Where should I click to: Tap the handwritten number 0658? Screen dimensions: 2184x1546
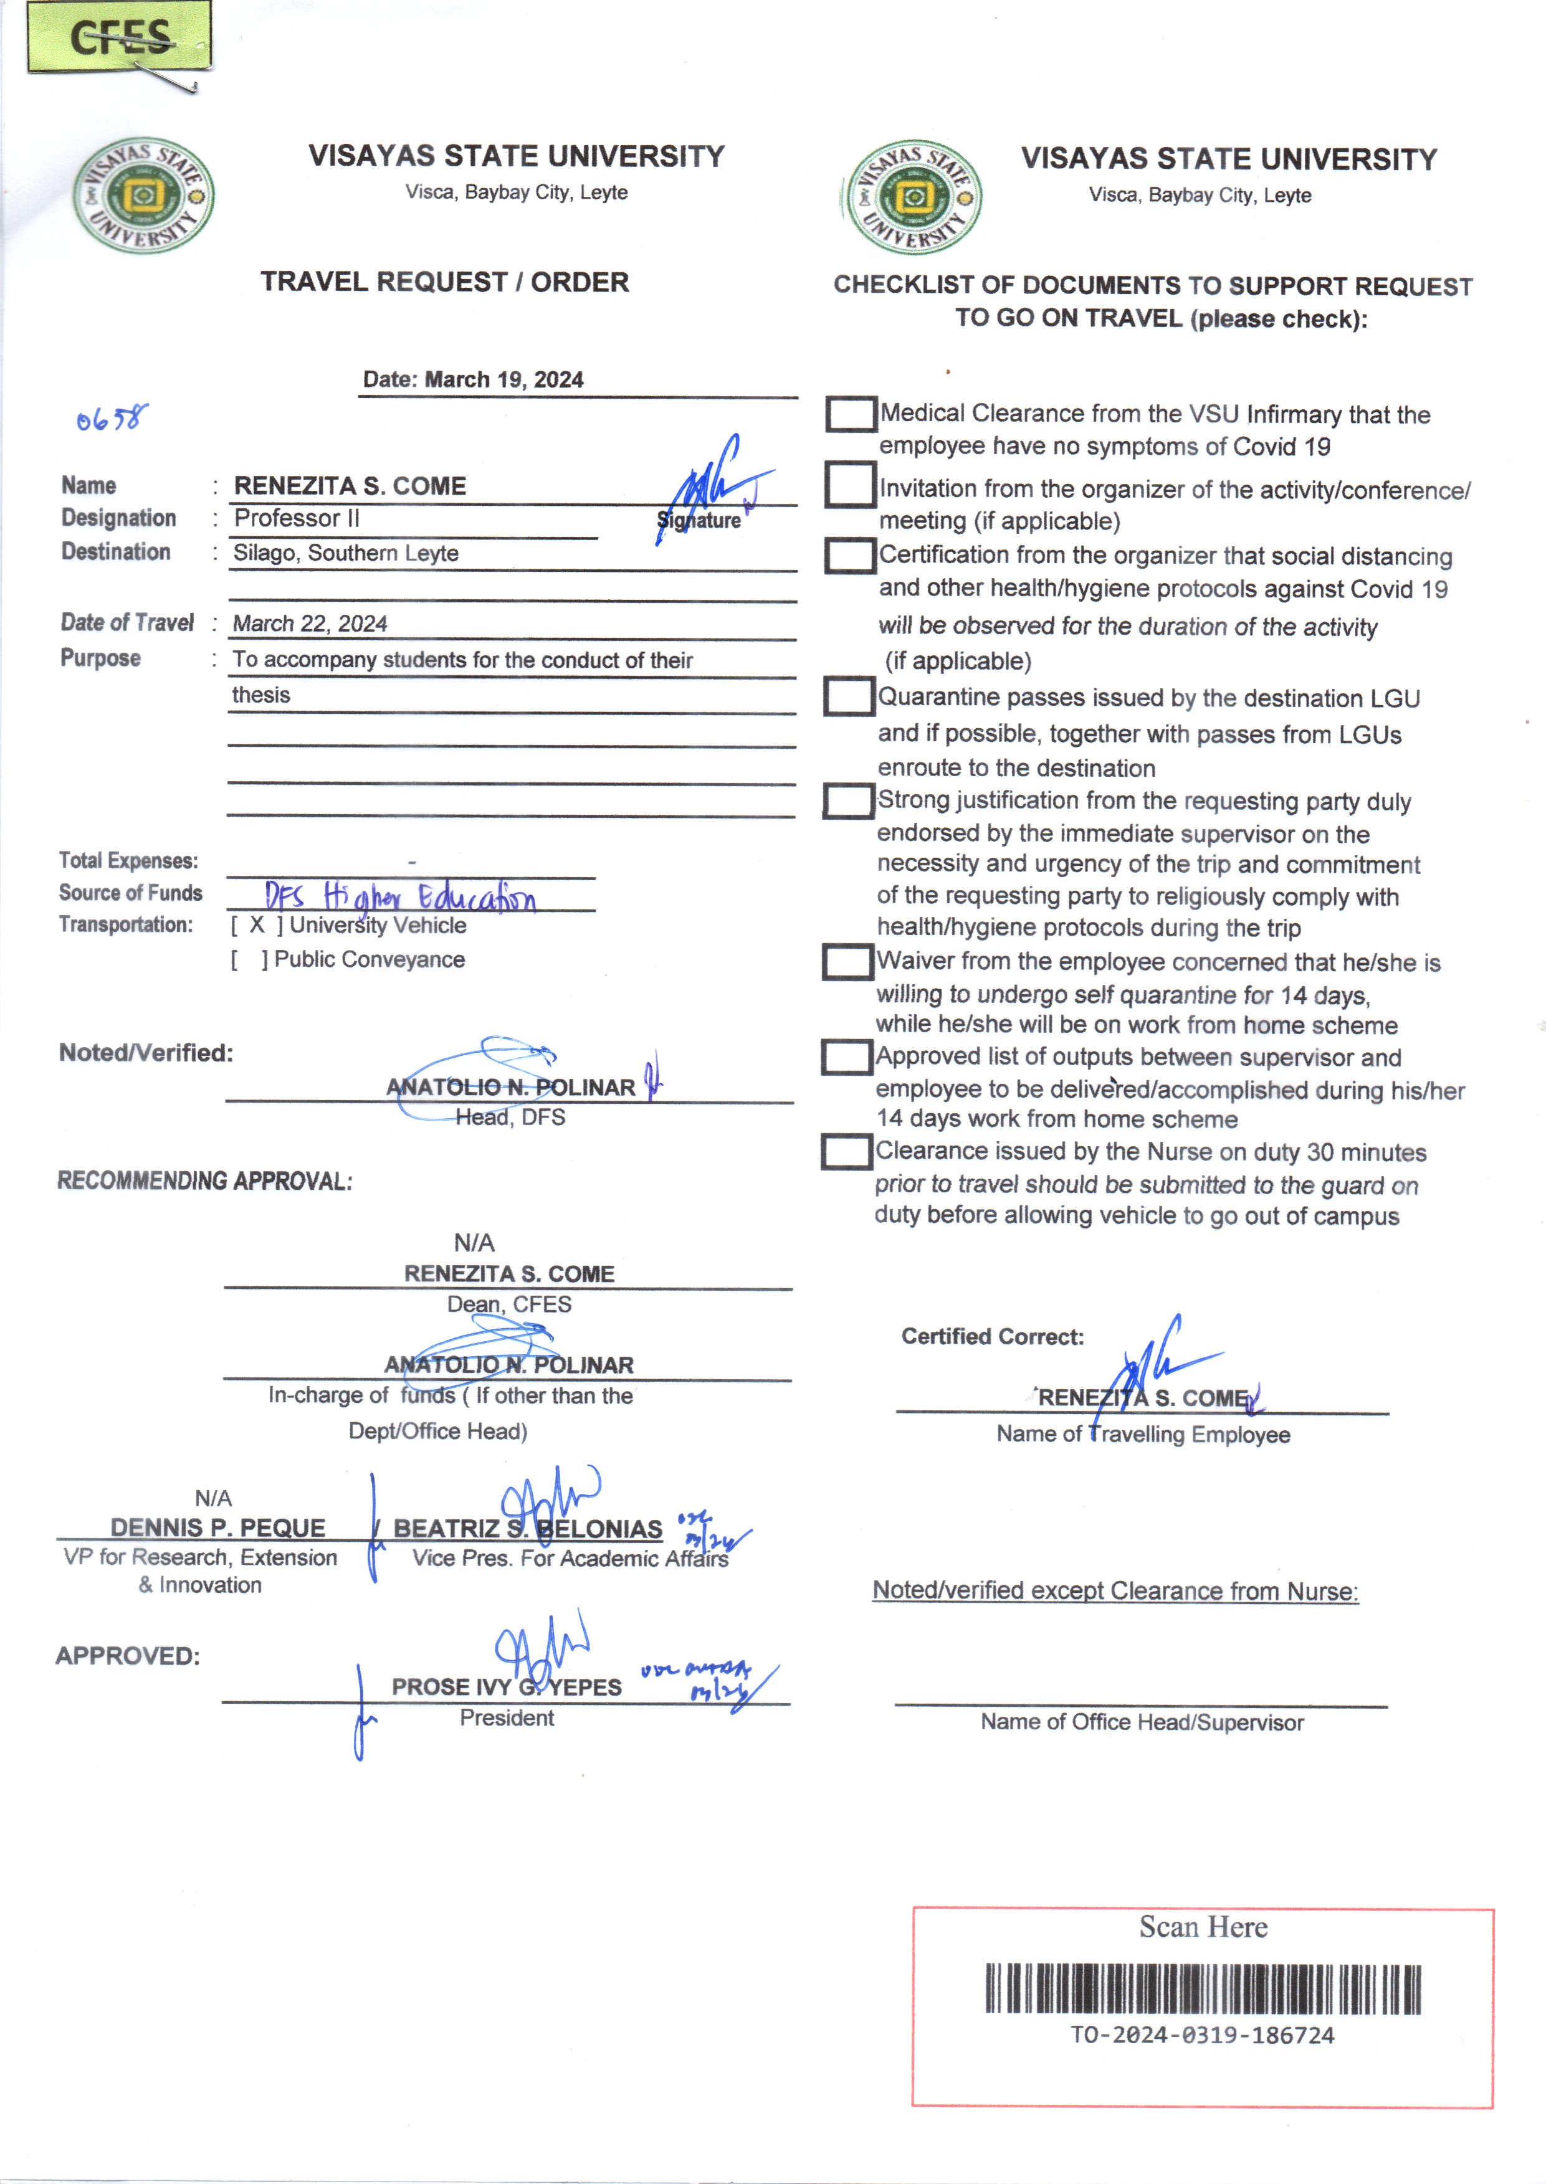click(x=112, y=418)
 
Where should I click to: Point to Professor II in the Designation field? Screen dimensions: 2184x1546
click(x=297, y=519)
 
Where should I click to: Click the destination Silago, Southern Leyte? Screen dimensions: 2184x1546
click(x=346, y=553)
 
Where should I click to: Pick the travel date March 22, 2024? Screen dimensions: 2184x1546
click(x=310, y=624)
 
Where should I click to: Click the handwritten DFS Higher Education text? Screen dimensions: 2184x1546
click(x=400, y=896)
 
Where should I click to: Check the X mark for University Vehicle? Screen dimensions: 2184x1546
click(x=257, y=925)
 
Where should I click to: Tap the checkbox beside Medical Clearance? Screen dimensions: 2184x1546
click(x=850, y=414)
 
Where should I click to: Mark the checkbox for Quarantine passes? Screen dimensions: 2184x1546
click(x=848, y=696)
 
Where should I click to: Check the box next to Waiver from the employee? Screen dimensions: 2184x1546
click(x=847, y=961)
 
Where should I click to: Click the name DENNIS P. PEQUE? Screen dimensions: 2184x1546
click(x=218, y=1527)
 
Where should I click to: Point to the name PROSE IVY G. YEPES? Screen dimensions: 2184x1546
click(x=507, y=1688)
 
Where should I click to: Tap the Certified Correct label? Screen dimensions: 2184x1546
click(x=993, y=1337)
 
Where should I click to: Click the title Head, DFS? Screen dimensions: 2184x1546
click(x=510, y=1117)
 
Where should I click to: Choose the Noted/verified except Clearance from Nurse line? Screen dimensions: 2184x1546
click(x=1115, y=1591)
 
